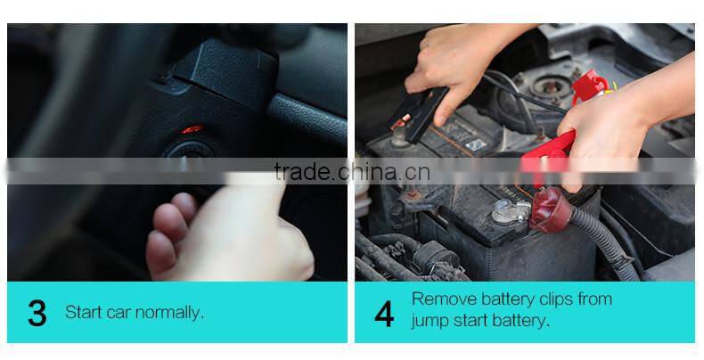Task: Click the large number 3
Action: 37,314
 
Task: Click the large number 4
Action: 384,314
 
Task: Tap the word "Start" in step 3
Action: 84,313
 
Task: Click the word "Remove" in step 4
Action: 441,299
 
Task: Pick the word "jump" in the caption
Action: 431,322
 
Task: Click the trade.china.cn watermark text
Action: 352,171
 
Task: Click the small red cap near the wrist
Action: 589,88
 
